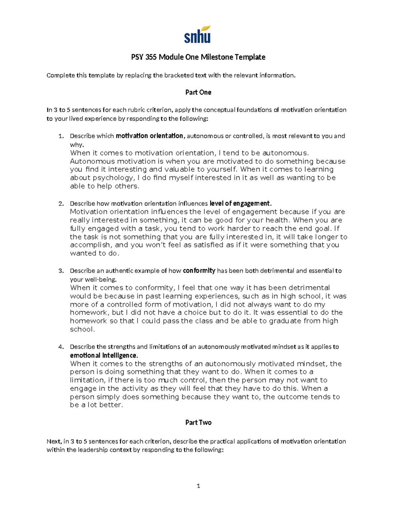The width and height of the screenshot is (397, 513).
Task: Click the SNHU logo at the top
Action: click(x=198, y=34)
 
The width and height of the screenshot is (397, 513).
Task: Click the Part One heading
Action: click(x=198, y=92)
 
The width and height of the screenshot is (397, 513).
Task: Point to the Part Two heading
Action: click(x=198, y=422)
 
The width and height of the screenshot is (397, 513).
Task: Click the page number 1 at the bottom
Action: click(x=198, y=486)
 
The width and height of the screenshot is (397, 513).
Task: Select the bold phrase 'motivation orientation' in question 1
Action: click(x=149, y=136)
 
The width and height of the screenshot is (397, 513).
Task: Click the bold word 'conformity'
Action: click(x=199, y=271)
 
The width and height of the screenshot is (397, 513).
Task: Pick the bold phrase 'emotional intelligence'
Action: click(x=104, y=355)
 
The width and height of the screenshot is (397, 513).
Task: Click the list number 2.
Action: click(x=61, y=203)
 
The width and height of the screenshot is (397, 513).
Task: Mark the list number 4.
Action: click(x=61, y=347)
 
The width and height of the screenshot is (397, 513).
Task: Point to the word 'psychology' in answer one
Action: click(x=112, y=178)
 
